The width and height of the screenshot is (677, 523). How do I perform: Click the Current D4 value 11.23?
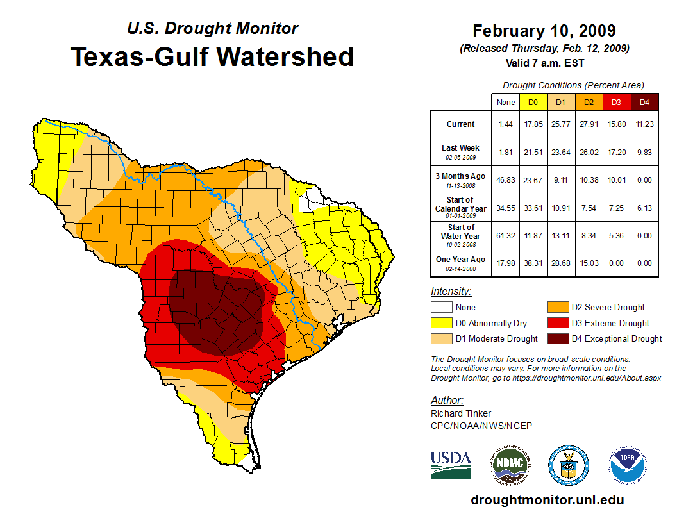(x=645, y=124)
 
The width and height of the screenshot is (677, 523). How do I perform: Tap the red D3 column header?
(x=616, y=102)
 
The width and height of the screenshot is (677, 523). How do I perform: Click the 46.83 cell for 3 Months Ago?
(x=505, y=179)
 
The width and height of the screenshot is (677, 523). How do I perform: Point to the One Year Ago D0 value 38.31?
(x=533, y=263)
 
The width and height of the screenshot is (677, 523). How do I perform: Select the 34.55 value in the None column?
(x=505, y=208)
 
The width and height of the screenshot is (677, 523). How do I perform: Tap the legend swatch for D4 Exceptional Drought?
(x=556, y=338)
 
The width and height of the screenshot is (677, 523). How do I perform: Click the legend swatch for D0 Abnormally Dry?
(x=441, y=323)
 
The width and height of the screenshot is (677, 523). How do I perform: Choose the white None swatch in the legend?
(x=441, y=308)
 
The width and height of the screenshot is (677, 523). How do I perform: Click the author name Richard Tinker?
(x=461, y=413)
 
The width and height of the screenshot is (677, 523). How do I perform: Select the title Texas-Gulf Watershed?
(x=212, y=56)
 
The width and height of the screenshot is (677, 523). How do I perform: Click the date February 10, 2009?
(x=544, y=31)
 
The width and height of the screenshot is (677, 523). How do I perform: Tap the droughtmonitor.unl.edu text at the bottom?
(x=547, y=500)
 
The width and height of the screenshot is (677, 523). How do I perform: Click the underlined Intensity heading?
(x=451, y=291)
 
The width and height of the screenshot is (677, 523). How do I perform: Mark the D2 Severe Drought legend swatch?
(x=556, y=308)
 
